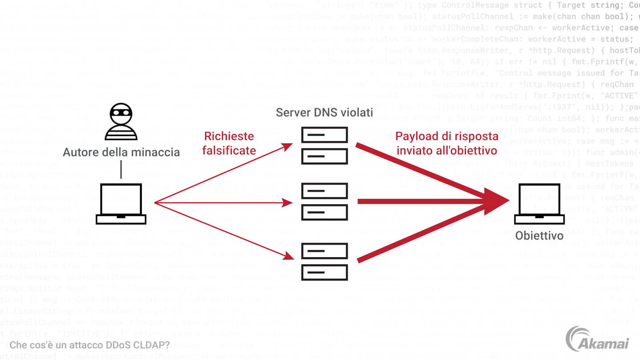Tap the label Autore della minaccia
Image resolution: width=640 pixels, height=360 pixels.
click(121, 152)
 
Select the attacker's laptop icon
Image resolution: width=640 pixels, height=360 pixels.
click(121, 204)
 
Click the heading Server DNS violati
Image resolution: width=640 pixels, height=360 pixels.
click(324, 113)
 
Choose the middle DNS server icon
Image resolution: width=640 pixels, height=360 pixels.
click(324, 202)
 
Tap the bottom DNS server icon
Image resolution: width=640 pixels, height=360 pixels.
click(324, 261)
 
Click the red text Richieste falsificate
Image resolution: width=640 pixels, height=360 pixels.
click(229, 143)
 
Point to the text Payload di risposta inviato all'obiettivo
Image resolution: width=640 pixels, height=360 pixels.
click(446, 143)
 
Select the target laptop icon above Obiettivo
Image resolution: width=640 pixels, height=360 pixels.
click(539, 204)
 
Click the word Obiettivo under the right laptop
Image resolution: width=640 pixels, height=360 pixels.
click(539, 236)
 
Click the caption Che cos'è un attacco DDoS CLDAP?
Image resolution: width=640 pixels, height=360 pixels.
click(89, 345)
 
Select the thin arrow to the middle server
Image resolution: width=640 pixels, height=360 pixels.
click(222, 203)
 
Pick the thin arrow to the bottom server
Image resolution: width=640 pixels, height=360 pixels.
click(222, 230)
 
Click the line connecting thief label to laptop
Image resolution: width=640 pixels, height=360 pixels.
click(121, 170)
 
